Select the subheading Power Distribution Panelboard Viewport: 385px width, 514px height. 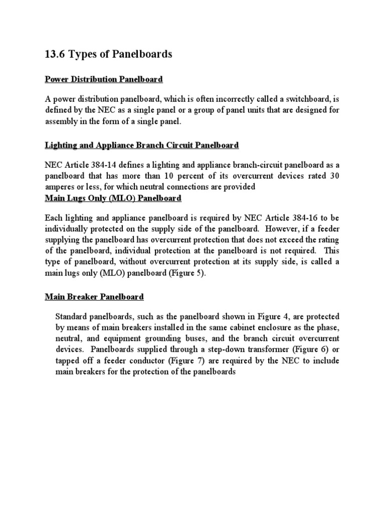coord(104,79)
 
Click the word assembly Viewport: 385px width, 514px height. coord(62,121)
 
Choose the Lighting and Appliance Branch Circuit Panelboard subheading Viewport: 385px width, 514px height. coord(142,145)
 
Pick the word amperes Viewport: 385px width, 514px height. coord(62,187)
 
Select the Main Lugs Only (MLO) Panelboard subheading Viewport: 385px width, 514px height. coord(113,198)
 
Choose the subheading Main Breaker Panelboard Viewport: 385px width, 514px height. coord(94,297)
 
